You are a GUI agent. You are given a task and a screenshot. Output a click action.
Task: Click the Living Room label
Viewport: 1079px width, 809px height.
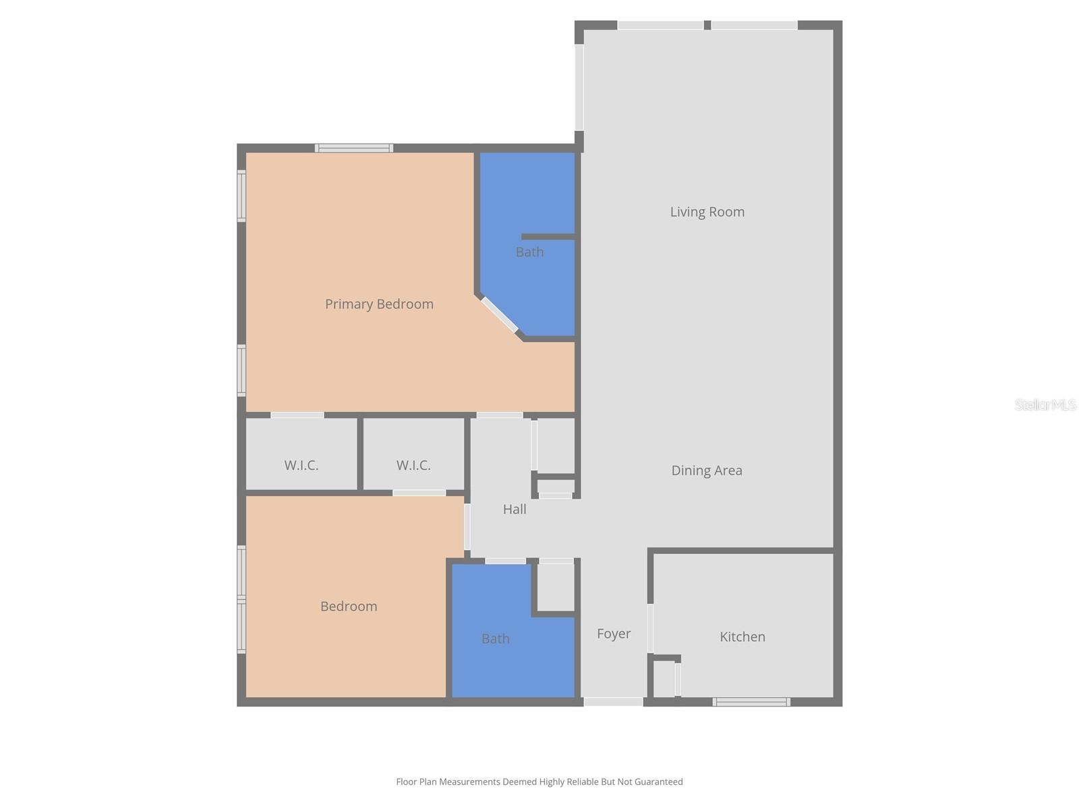[x=707, y=212]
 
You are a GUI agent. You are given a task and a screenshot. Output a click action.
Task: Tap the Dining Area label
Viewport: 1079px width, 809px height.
[x=706, y=471]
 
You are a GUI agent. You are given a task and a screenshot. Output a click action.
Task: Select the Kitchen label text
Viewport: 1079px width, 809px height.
[x=742, y=636]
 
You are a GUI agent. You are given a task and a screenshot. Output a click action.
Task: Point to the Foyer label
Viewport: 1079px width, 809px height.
[x=614, y=634]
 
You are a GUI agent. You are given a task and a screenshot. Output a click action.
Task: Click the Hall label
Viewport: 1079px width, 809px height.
[x=515, y=509]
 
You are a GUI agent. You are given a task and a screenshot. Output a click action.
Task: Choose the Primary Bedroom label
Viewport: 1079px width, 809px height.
[x=379, y=304]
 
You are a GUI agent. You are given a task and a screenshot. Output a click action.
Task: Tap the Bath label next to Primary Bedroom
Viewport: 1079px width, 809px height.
[x=529, y=252]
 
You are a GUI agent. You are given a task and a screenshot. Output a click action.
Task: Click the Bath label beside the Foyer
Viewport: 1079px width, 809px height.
[x=495, y=638]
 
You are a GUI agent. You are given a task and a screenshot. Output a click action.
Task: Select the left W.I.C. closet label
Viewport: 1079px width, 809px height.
[x=301, y=465]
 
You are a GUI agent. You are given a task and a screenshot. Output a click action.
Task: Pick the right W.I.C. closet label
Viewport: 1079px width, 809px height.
[x=413, y=465]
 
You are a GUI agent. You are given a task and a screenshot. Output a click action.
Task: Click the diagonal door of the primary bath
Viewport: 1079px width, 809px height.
[x=499, y=315]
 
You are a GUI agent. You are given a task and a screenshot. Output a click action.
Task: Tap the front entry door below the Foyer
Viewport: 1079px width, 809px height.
[x=613, y=702]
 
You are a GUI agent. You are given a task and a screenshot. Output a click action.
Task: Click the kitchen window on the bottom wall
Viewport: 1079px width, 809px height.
[x=751, y=702]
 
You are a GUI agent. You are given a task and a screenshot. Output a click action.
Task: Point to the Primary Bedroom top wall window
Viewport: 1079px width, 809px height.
[x=354, y=148]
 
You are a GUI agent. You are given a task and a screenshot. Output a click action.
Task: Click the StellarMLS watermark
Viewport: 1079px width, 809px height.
[x=1045, y=404]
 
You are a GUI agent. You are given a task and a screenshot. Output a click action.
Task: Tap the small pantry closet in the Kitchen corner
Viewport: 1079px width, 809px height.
[x=664, y=679]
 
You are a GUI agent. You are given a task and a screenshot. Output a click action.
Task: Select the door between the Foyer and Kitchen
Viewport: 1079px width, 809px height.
[x=650, y=628]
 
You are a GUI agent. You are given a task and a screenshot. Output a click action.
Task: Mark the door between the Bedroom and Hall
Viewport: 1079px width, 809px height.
[x=467, y=527]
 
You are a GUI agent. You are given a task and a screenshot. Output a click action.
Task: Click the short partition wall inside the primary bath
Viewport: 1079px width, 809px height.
[x=548, y=237]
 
